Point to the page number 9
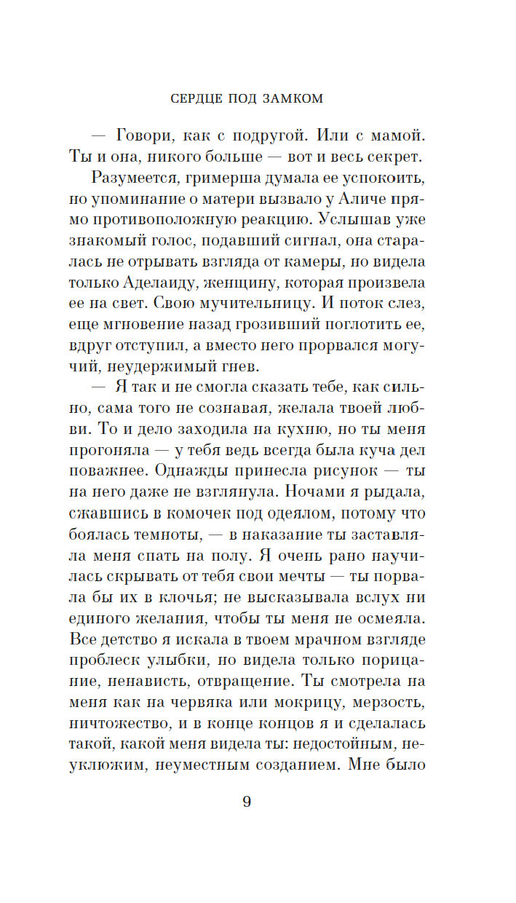[x=247, y=803]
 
